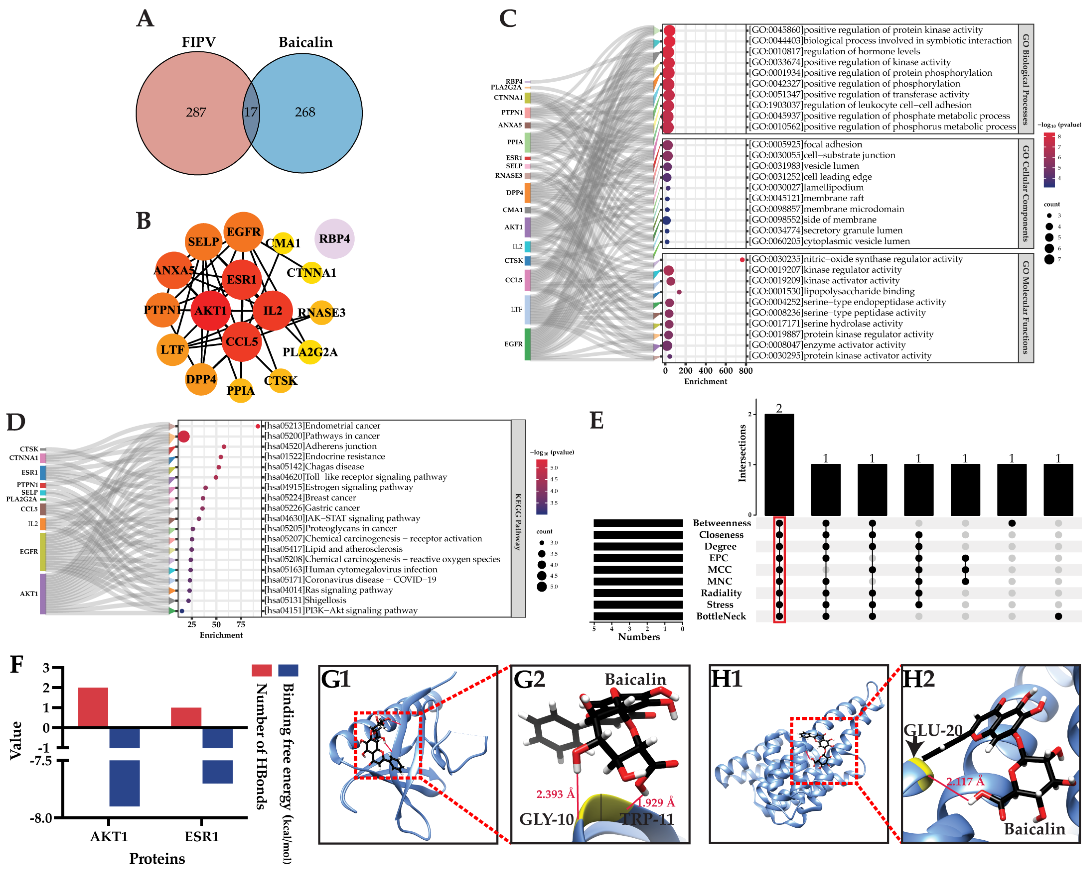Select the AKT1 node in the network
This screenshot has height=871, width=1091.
pyautogui.click(x=210, y=311)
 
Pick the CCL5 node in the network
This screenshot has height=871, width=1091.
pyautogui.click(x=242, y=342)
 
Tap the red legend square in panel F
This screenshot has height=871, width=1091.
pyautogui.click(x=262, y=670)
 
